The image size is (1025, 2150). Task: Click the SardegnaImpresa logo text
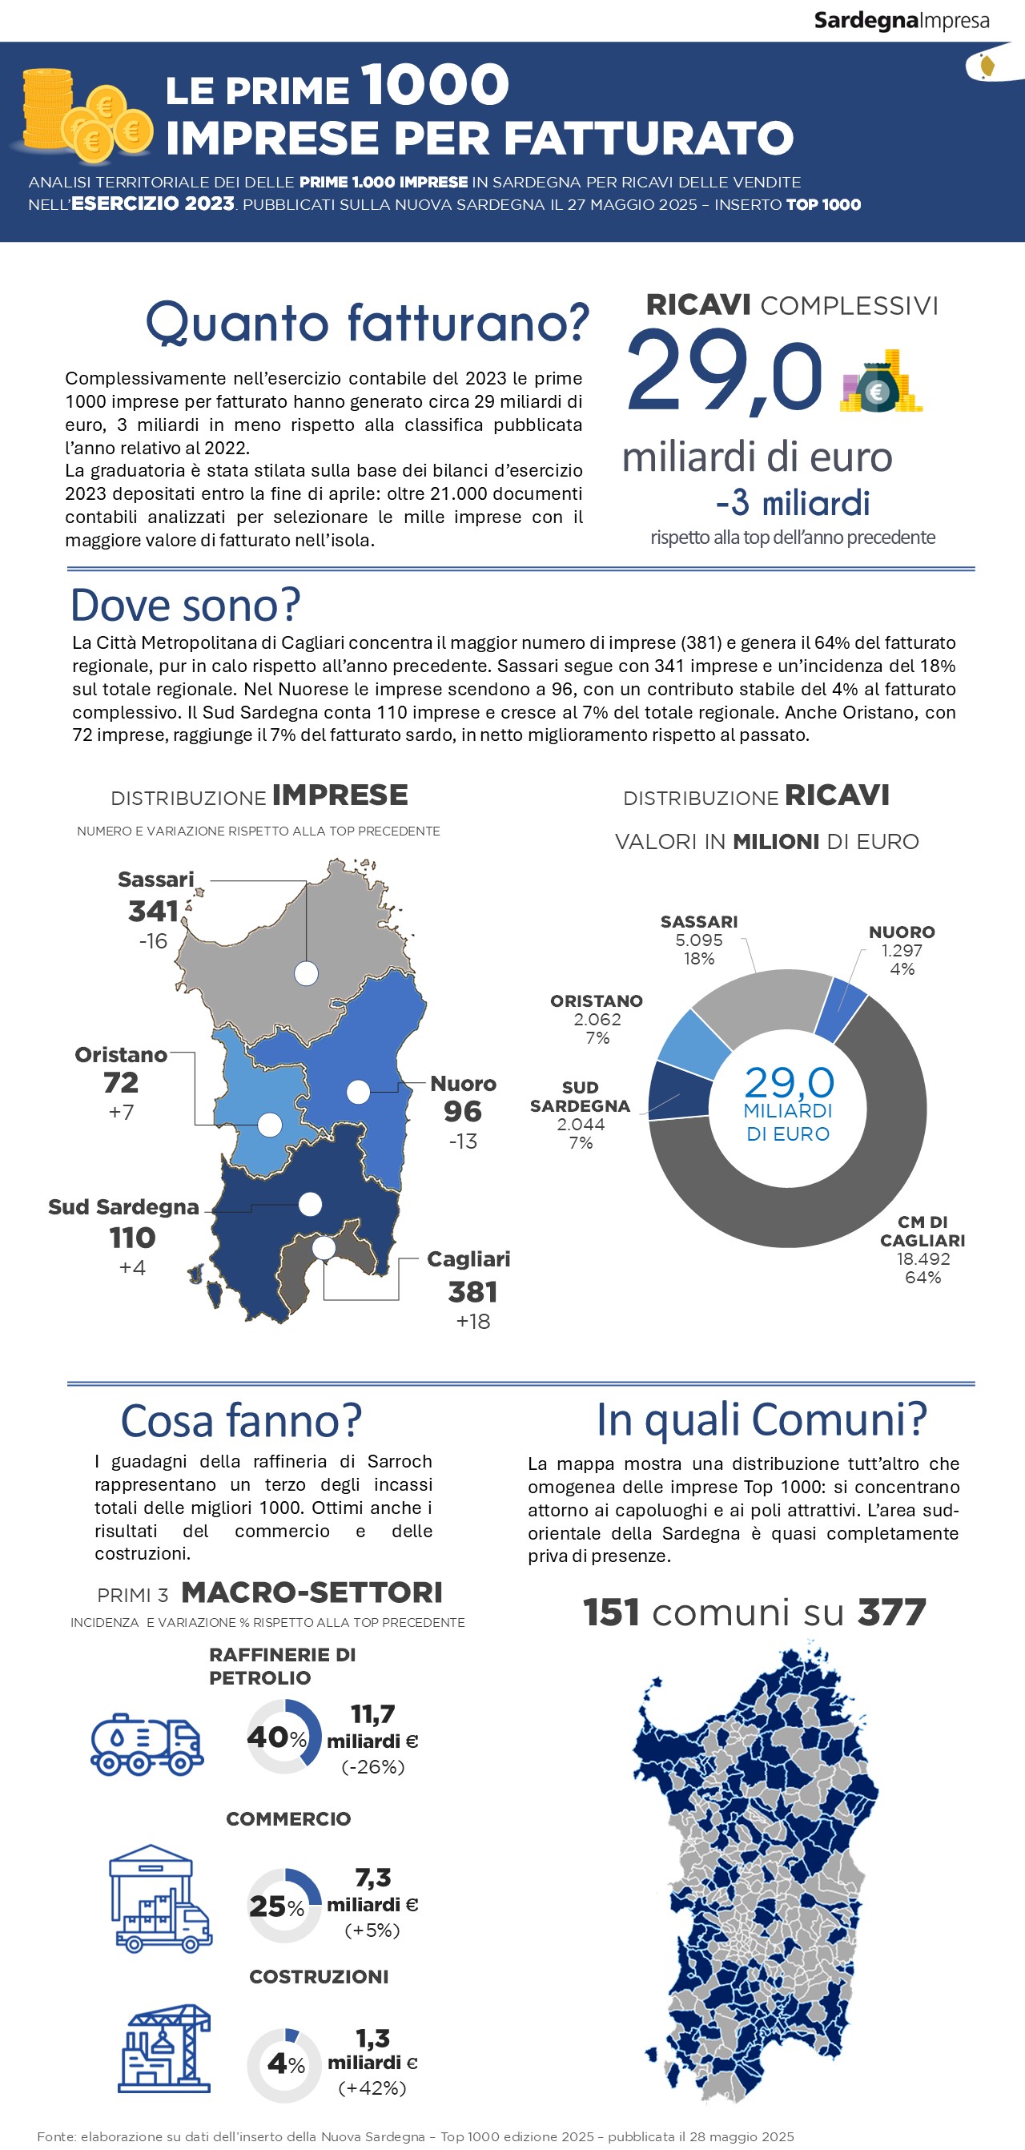[x=902, y=20]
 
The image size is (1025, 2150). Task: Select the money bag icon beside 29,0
[x=880, y=383]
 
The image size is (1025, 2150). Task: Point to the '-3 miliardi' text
[x=792, y=503]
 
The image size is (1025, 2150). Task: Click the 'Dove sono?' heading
[x=185, y=605]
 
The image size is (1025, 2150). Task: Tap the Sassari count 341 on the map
[x=154, y=912]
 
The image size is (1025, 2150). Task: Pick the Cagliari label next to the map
[x=468, y=1258]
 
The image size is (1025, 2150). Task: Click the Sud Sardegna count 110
[x=132, y=1238]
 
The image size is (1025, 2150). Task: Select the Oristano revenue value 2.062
[x=597, y=1019]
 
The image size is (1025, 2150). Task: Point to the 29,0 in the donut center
[x=789, y=1082]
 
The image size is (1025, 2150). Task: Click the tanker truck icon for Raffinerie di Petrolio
[x=147, y=1745]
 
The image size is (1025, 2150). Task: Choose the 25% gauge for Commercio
[x=283, y=1906]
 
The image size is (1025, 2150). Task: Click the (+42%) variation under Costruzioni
[x=372, y=2088]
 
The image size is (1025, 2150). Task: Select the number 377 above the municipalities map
[x=891, y=1612]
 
